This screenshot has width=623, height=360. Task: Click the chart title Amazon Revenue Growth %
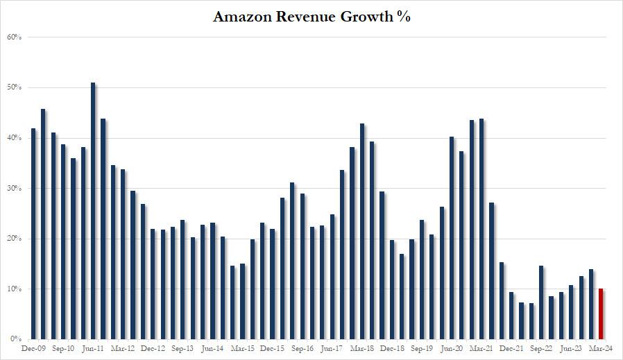coord(311,17)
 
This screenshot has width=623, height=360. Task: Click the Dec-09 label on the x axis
coord(33,349)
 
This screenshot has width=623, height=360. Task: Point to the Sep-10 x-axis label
coord(63,349)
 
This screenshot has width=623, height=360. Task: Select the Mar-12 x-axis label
coord(123,349)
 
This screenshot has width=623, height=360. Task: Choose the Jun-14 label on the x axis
coord(212,349)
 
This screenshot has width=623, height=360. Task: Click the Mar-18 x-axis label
coord(362,349)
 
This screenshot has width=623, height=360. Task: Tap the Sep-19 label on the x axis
coord(422,349)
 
